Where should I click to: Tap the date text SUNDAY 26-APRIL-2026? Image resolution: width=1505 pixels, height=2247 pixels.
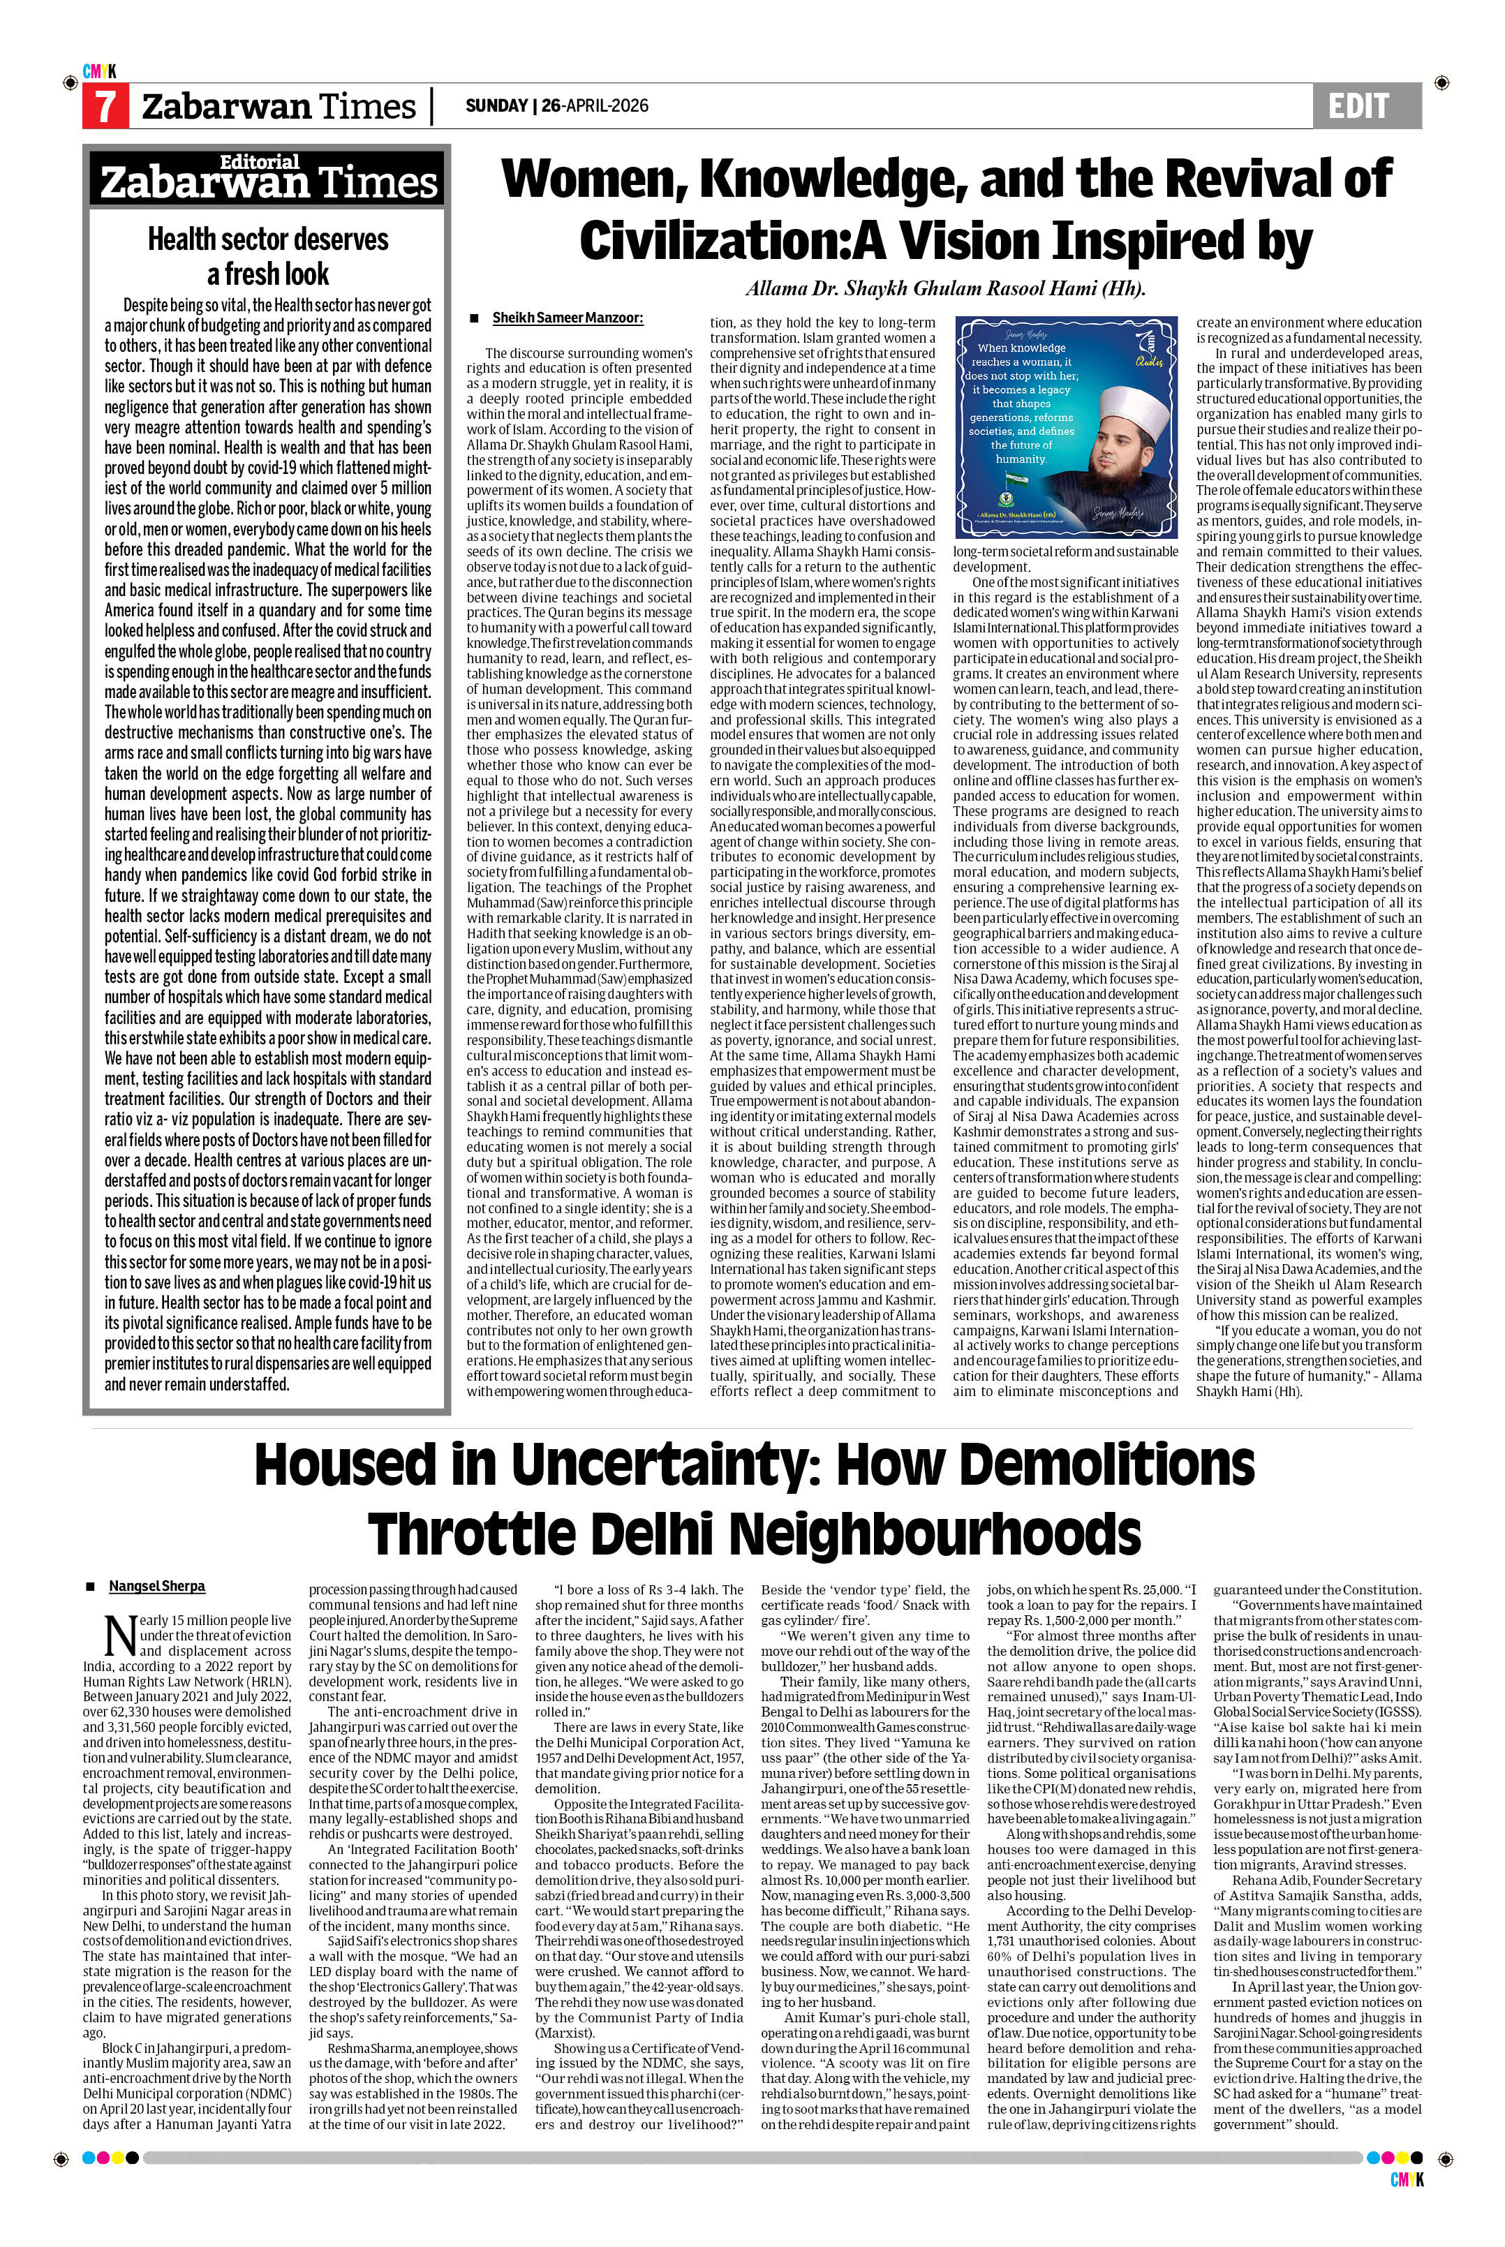557,105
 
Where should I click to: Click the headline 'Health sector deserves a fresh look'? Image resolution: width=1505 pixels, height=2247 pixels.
268,255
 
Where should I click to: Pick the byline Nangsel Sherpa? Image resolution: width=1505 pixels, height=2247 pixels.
156,1587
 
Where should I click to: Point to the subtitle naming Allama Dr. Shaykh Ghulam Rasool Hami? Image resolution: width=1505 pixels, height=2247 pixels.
945,289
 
